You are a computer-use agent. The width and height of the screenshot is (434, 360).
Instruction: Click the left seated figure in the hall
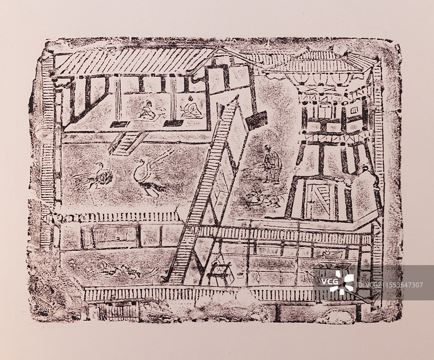147,110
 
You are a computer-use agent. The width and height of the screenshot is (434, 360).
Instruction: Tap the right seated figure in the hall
190,108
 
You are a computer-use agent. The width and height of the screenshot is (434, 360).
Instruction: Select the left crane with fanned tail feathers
97,175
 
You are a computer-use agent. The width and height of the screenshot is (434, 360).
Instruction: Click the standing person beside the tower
271,163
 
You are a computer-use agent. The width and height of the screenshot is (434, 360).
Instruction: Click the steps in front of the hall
126,143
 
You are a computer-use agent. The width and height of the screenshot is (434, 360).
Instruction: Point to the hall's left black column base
119,124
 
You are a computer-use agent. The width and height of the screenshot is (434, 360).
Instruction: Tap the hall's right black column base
174,123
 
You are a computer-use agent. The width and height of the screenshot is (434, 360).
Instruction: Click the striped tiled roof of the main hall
136,61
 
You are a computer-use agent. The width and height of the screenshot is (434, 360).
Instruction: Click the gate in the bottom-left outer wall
118,311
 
